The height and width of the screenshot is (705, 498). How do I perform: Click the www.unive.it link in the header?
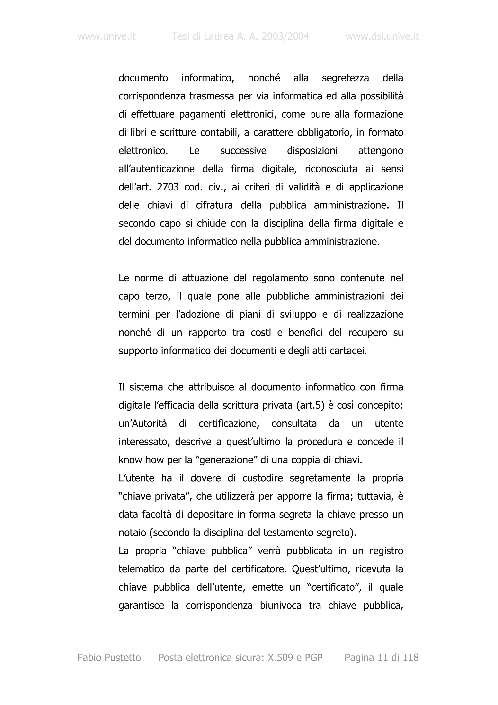point(107,36)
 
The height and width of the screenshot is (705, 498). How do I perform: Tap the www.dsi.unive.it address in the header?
point(382,36)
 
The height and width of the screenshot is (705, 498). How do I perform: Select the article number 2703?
point(168,187)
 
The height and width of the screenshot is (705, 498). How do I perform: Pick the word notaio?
point(132,533)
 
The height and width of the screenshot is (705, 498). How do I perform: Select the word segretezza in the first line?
point(345,78)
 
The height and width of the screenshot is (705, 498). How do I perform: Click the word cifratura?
point(214,205)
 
